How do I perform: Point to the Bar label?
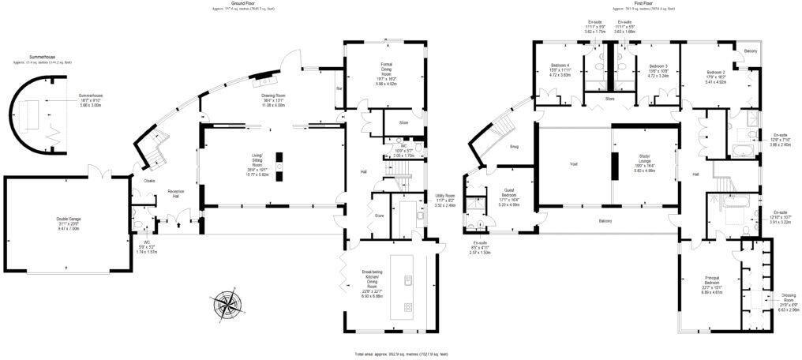point(339,88)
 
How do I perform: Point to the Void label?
point(574,164)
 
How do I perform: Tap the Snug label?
point(514,147)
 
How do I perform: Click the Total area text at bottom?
point(402,354)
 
